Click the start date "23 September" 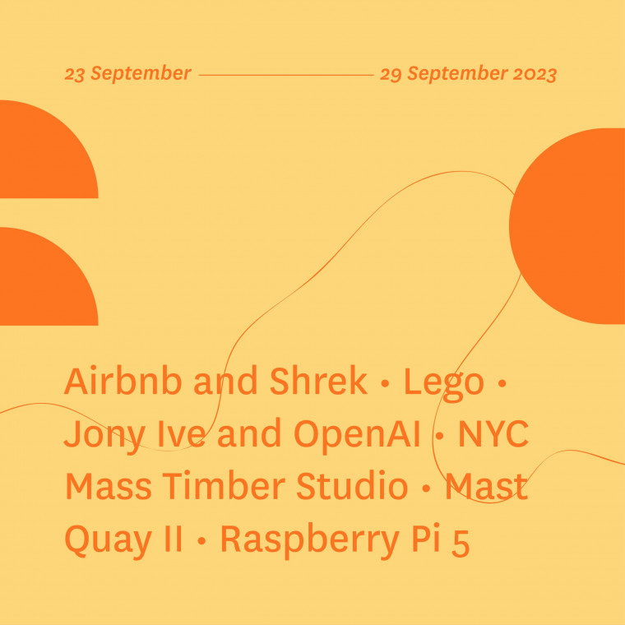coord(128,74)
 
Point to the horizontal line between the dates coord(286,75)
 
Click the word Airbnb coord(123,381)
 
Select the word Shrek coord(318,381)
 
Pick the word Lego coord(443,383)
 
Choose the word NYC coord(493,433)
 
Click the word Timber coord(224,486)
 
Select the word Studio coord(352,486)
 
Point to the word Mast coord(487,486)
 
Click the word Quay coord(108,540)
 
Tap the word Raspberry coord(310,540)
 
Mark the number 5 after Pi coord(461,543)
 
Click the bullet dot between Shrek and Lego coord(385,383)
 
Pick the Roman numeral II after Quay coord(172,539)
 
